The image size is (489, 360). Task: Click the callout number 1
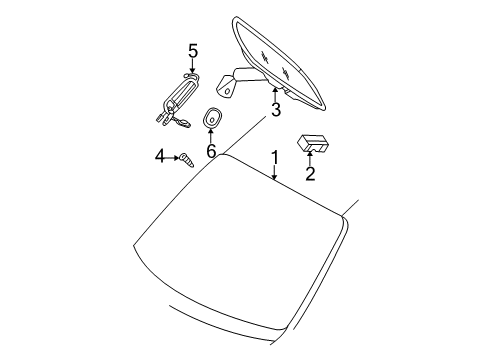pos(273,157)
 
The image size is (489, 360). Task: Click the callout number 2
pos(310,174)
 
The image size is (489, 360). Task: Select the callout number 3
pos(275,110)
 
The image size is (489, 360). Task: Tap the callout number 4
pos(159,157)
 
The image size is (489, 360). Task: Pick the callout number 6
pos(211,150)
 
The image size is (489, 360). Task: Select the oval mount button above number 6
pos(212,118)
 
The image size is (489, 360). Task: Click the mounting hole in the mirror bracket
pos(226,90)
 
